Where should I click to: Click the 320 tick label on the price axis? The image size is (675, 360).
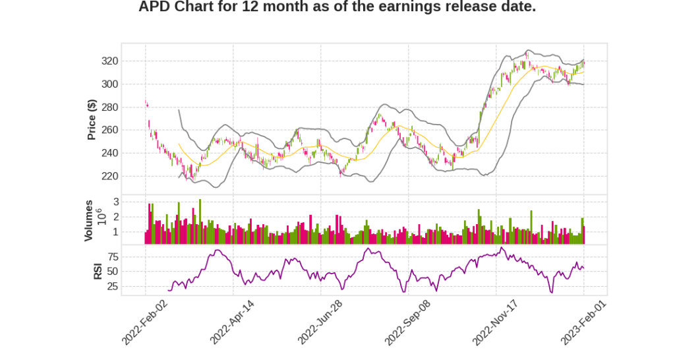point(109,61)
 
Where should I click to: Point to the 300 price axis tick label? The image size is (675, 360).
point(109,84)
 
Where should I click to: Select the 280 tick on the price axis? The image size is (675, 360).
point(109,107)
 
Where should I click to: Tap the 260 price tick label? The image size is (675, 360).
point(109,131)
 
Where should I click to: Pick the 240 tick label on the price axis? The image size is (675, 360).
point(109,154)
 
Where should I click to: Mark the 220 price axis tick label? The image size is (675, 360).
point(109,177)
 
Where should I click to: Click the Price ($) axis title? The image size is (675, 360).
point(92,119)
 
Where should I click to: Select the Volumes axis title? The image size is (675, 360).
point(88,220)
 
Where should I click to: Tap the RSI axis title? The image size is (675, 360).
point(98,271)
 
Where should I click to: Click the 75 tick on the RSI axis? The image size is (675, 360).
point(113,256)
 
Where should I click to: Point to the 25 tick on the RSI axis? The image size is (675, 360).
point(113,287)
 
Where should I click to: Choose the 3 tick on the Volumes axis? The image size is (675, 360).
point(115,201)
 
